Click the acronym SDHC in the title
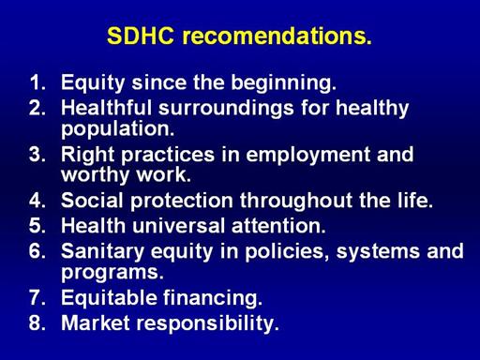coord(141,36)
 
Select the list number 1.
coord(37,82)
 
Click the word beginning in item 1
coord(283,83)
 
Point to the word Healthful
coord(106,108)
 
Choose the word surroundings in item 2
coord(226,109)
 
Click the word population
coord(117,129)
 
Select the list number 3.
coord(37,155)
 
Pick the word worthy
coord(95,175)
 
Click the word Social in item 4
coord(92,201)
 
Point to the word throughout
coord(296,201)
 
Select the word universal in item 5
coord(179,225)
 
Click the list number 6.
coord(37,251)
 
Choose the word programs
coord(112,273)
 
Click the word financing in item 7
coord(213,298)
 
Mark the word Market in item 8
coord(96,322)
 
